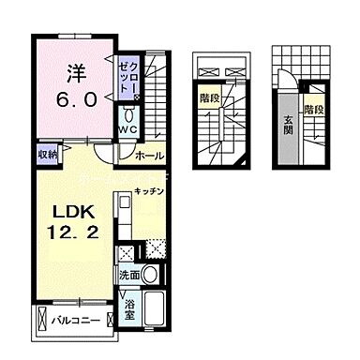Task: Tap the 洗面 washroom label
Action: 130,275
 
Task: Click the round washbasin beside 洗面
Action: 150,275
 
